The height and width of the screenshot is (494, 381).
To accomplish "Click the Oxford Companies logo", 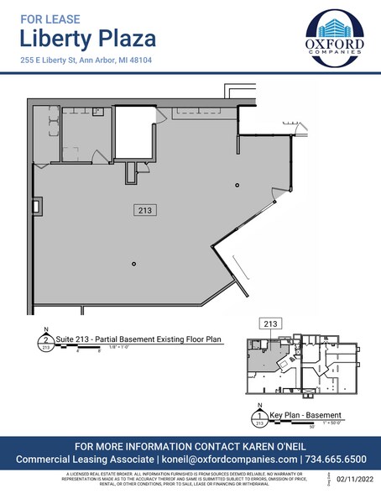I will [x=334, y=37].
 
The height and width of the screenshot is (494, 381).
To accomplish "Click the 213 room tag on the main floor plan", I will [x=146, y=211].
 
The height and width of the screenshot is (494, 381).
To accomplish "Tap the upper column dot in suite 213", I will [x=237, y=185].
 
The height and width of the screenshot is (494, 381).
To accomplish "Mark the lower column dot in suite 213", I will [x=133, y=265].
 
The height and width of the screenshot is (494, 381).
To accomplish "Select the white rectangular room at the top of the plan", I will [x=134, y=133].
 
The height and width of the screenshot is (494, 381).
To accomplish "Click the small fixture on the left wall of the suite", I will [x=37, y=204].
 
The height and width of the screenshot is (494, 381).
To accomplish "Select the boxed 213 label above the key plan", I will [x=271, y=323].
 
